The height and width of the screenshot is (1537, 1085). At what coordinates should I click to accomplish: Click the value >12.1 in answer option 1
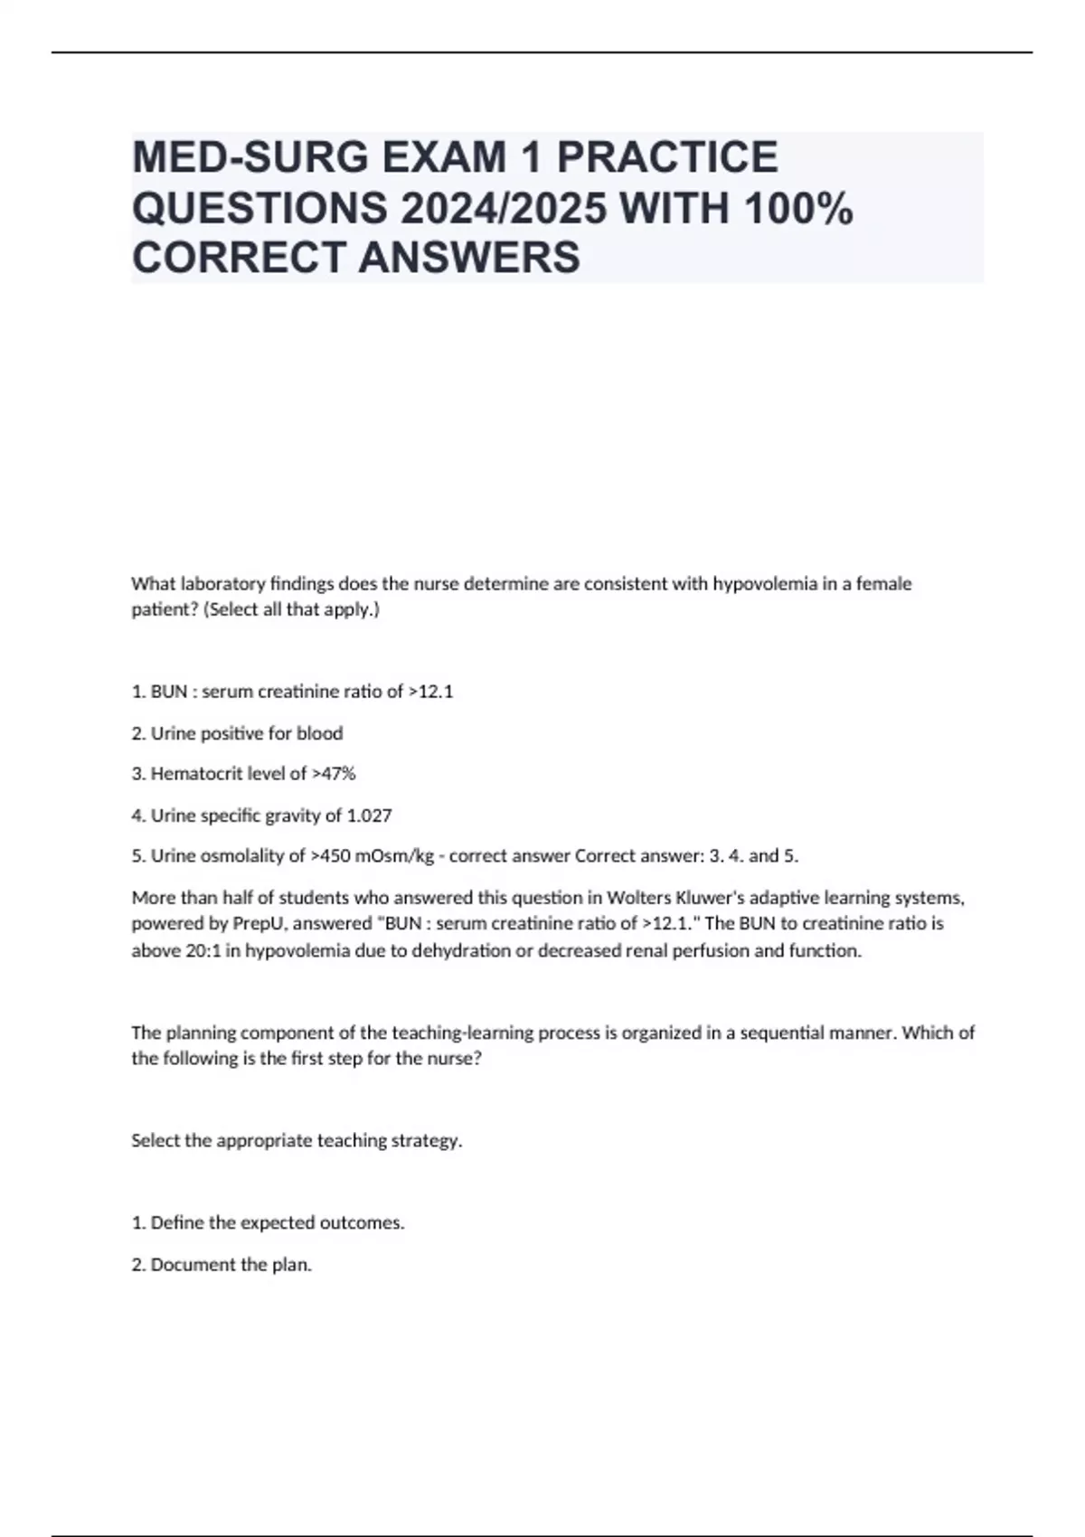pos(430,692)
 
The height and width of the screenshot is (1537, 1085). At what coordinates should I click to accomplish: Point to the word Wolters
pos(639,898)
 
